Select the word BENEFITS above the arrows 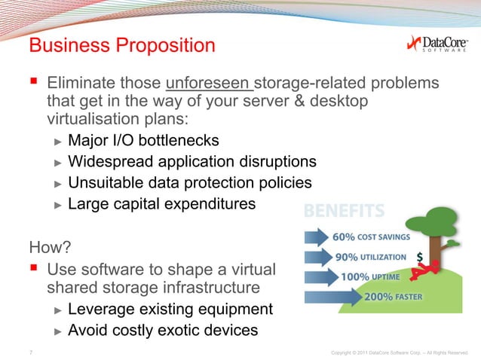tap(345, 209)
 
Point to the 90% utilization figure tap(349, 256)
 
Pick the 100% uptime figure tap(355, 276)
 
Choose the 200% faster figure tap(378, 296)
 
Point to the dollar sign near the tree tap(419, 256)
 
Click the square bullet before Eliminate tap(34, 81)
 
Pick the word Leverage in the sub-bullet tap(101, 310)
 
